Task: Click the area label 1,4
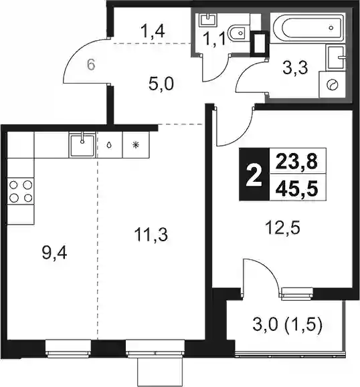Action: [153, 31]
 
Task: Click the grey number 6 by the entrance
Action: [91, 65]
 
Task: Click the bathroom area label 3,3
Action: [295, 68]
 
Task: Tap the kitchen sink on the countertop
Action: [82, 145]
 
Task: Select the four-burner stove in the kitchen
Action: [21, 190]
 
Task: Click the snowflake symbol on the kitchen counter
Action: [135, 145]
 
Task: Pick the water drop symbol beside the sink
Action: [109, 145]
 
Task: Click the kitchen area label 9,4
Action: [54, 253]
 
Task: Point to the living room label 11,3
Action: [151, 235]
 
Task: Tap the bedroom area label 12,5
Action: [282, 227]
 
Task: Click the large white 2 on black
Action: [254, 175]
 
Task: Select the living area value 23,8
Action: [296, 161]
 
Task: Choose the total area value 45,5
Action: [296, 188]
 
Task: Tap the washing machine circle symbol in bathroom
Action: [332, 85]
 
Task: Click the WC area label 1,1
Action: [214, 39]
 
